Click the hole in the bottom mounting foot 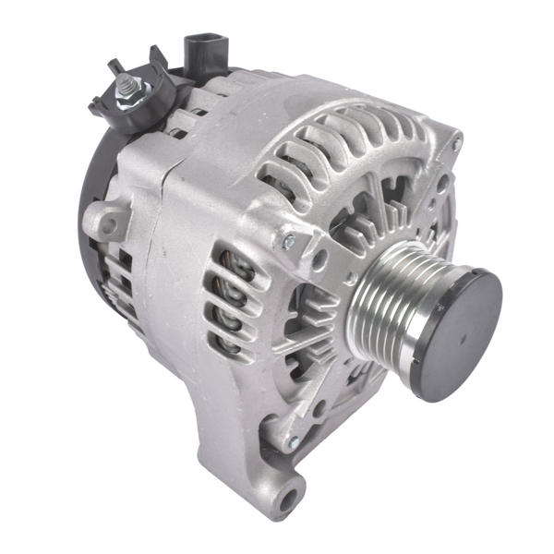click(289, 500)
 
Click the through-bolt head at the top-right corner click(454, 140)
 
